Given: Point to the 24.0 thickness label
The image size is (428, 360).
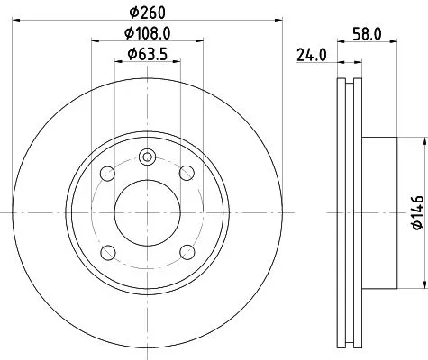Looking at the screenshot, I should coord(310,55).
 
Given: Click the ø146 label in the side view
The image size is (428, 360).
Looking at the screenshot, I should coord(415,212).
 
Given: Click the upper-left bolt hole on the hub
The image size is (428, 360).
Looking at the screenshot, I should coord(107,173).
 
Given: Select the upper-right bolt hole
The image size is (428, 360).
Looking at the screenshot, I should coord(187,173).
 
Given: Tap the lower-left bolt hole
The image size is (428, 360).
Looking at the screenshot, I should coord(107,252).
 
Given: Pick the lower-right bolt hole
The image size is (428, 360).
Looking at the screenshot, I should coord(187,252).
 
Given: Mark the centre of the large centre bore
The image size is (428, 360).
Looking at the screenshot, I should coord(147,212).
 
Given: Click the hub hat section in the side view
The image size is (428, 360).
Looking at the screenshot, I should coord(378,212).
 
